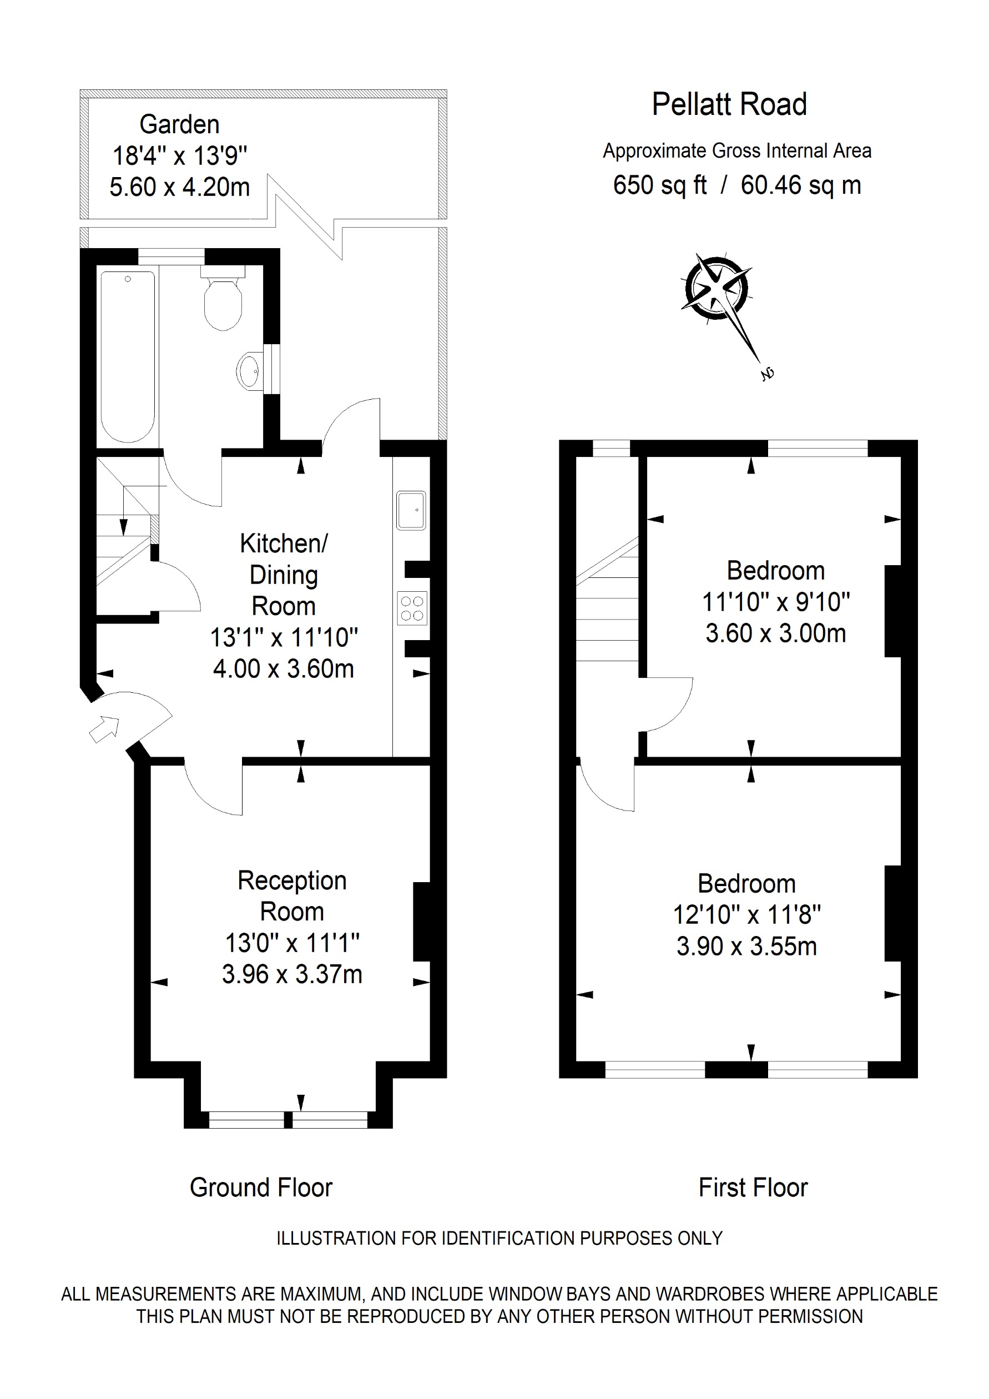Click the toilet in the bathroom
click(223, 300)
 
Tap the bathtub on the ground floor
click(128, 356)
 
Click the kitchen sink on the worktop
click(411, 510)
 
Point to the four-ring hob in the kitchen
click(412, 608)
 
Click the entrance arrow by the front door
click(105, 728)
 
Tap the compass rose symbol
click(717, 288)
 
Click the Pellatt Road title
click(729, 104)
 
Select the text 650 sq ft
click(659, 185)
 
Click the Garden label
click(179, 124)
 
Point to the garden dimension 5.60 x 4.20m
click(180, 187)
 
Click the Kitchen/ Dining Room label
click(284, 574)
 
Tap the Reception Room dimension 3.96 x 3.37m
click(292, 974)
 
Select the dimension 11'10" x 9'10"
click(775, 602)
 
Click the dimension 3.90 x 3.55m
click(746, 947)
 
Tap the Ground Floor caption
click(261, 1187)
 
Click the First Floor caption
click(753, 1187)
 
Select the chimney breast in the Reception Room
click(422, 922)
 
